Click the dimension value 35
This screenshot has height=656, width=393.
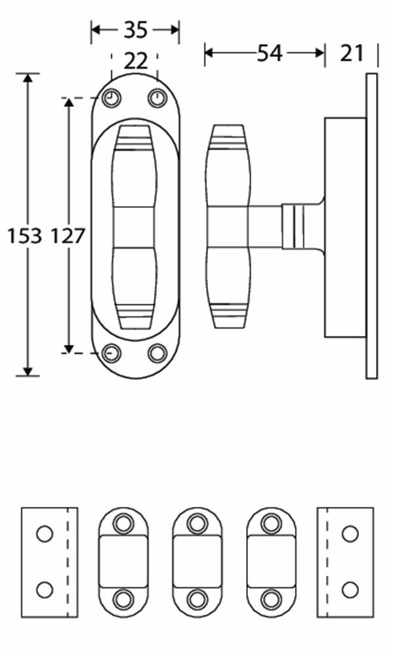pos(135,30)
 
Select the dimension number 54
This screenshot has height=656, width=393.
pos(269,53)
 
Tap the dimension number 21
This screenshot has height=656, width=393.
pos(352,53)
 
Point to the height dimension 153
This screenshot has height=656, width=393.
pos(24,236)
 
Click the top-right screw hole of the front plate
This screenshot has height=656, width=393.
pos(157,98)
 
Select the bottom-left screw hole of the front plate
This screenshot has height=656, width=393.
pos(112,354)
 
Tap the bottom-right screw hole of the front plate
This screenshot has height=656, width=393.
pos(157,354)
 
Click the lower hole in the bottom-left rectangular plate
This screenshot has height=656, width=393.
pos(44,589)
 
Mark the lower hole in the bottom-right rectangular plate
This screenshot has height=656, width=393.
pos(350,589)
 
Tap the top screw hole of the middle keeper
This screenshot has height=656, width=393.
pos(197,523)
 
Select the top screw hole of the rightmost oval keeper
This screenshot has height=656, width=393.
pos(271,523)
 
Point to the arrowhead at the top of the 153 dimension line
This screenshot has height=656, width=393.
pos(28,79)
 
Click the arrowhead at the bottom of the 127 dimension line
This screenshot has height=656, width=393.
pos(68,347)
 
